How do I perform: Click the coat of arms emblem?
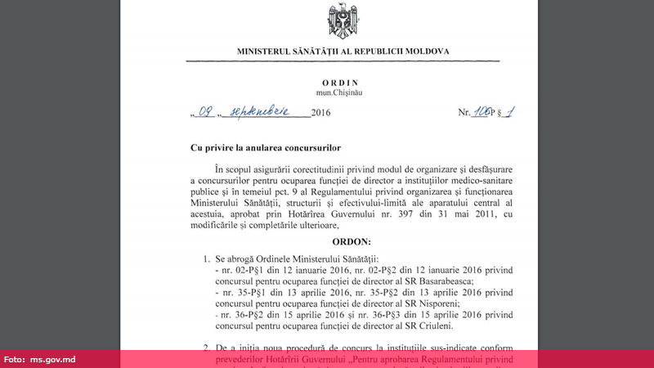point(343,21)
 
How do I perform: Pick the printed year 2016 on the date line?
point(325,114)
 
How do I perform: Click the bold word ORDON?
point(352,242)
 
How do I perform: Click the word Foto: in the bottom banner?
point(15,359)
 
